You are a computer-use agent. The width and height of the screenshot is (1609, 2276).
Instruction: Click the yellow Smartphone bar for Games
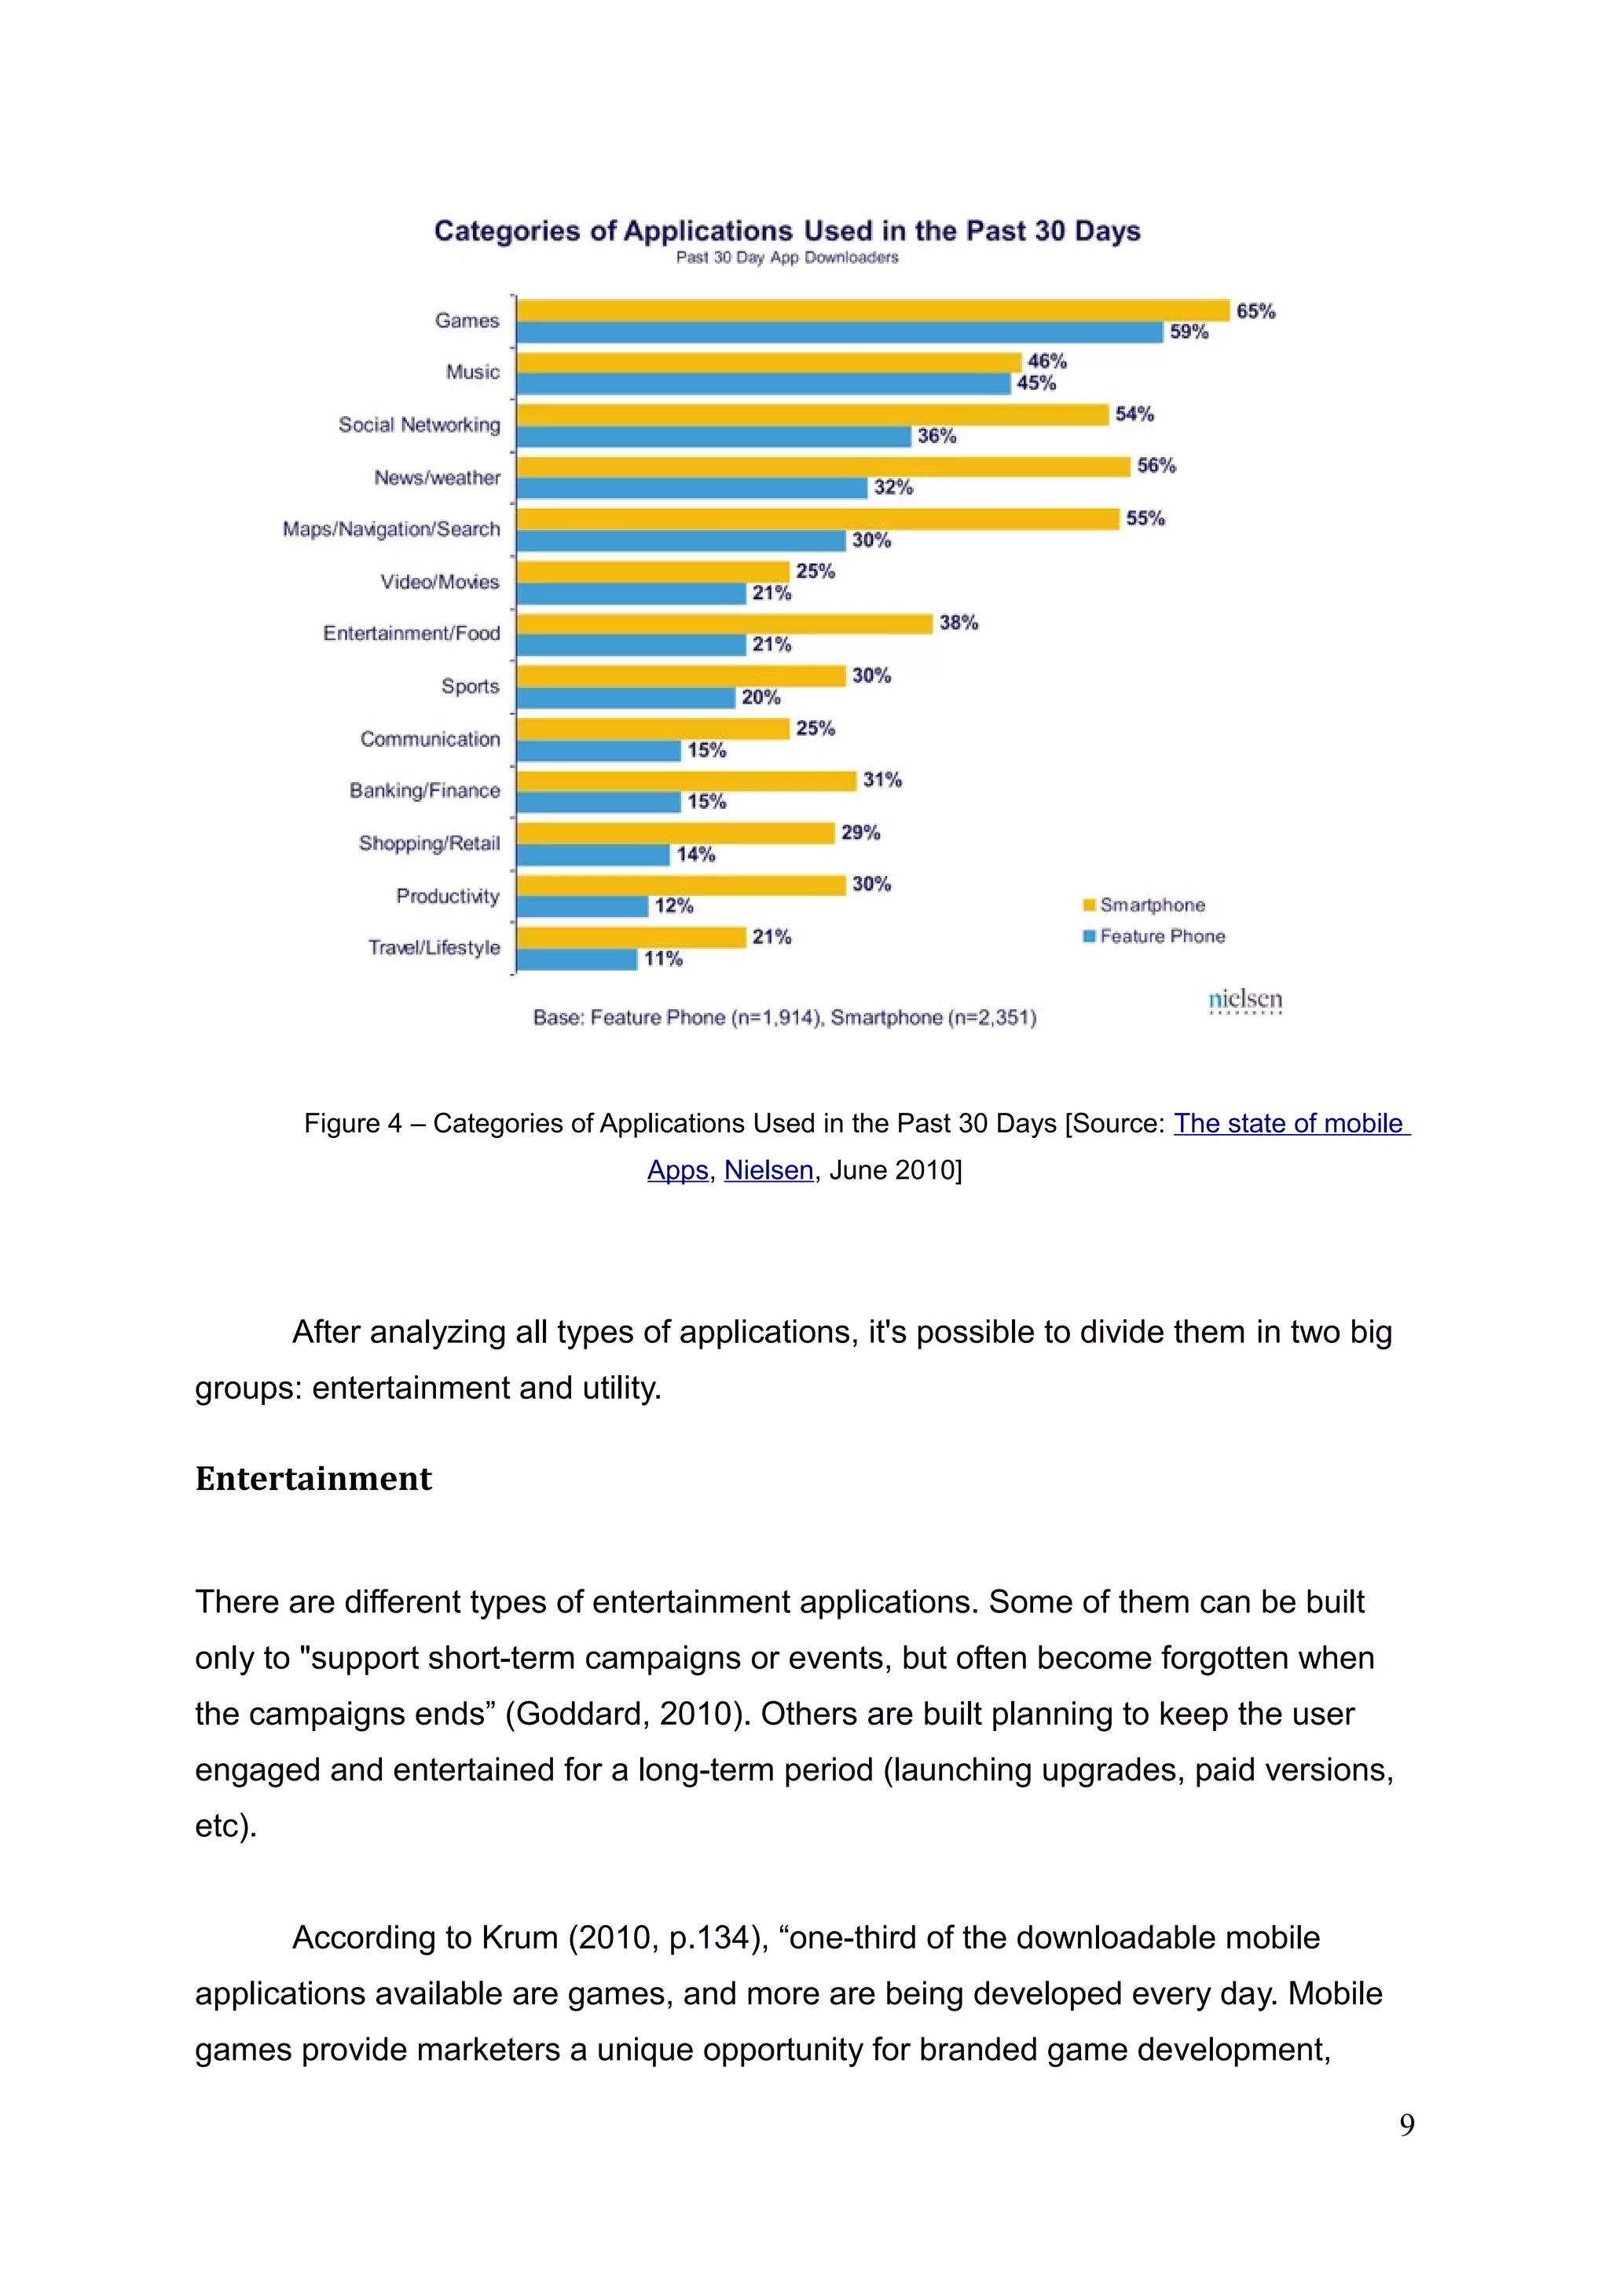[872, 311]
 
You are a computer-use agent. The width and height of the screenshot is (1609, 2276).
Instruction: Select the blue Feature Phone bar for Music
[764, 383]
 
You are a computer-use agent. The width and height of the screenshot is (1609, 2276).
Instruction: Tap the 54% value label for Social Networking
[1134, 415]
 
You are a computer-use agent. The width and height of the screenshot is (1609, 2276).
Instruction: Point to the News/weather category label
[437, 478]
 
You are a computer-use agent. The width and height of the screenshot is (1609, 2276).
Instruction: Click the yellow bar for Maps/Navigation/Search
[818, 519]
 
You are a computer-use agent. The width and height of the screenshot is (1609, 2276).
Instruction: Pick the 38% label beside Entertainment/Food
[958, 623]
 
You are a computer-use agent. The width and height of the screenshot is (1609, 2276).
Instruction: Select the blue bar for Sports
[625, 698]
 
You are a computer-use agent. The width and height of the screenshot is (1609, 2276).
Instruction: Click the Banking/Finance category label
[424, 791]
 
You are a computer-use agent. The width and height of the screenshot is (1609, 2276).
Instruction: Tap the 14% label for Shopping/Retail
[696, 854]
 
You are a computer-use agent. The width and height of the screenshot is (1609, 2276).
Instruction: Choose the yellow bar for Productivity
[681, 885]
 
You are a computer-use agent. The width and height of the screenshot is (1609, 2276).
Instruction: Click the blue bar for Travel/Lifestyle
[577, 960]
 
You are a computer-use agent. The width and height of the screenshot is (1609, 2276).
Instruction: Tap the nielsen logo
[1245, 1001]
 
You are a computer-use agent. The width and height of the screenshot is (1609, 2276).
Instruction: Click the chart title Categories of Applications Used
[787, 231]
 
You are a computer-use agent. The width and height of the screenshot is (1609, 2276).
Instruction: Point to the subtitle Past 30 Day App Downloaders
[787, 258]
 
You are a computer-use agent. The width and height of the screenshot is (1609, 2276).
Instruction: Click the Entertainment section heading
[313, 1479]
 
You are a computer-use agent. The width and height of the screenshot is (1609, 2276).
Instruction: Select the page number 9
[1407, 2124]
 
